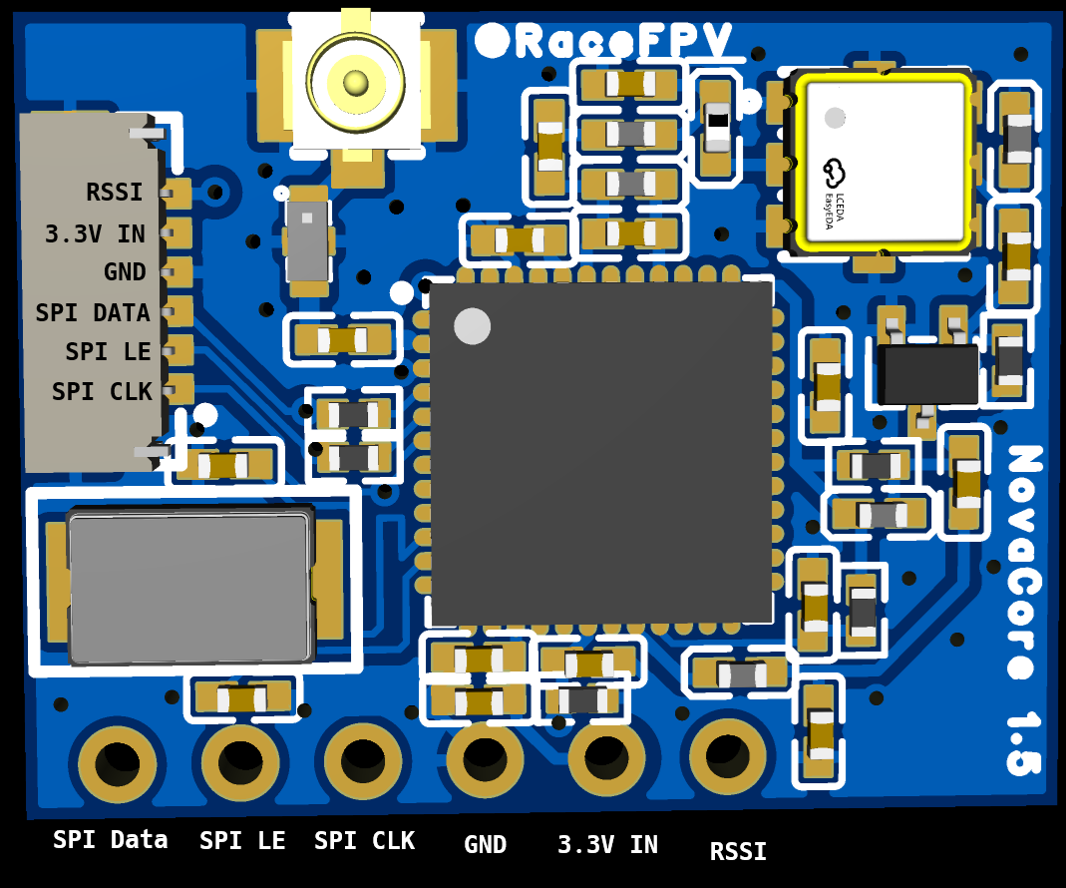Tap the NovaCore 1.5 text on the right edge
pos(1023,609)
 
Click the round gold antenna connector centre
pos(356,81)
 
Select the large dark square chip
pos(601,452)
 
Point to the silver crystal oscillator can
pos(189,588)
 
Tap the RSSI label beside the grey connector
pos(115,193)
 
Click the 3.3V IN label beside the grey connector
pos(96,234)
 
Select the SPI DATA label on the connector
pos(93,313)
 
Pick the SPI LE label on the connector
pos(108,352)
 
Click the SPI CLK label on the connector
pos(101,392)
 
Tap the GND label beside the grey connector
pos(125,272)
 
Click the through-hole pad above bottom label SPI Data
pos(118,763)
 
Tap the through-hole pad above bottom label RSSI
pos(728,756)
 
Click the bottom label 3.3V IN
pos(607,845)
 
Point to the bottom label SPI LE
pos(242,841)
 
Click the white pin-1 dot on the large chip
pos(472,326)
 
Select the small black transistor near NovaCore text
pos(927,374)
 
